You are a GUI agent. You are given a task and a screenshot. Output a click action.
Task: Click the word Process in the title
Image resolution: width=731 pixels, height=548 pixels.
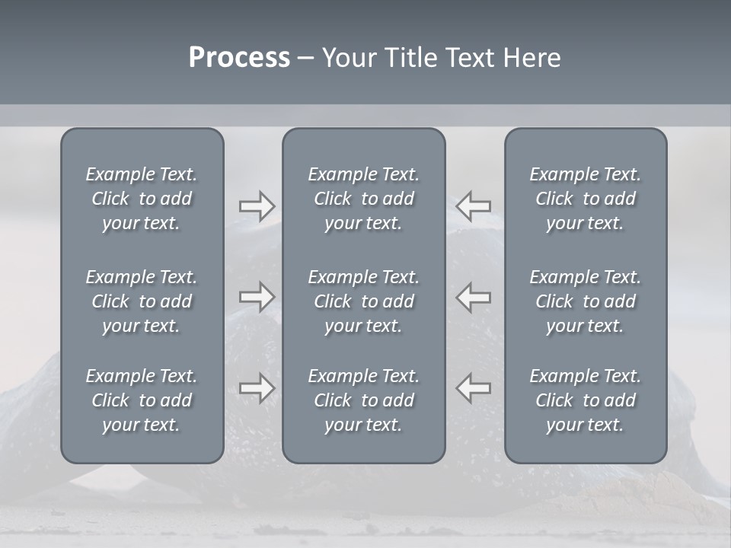[x=239, y=58]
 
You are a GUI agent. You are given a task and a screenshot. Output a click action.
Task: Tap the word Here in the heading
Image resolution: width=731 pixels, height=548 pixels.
[x=532, y=58]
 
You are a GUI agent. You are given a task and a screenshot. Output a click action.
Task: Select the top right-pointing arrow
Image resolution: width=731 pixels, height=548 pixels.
[x=257, y=206]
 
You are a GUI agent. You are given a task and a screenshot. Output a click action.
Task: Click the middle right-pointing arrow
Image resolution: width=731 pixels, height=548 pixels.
[x=257, y=297]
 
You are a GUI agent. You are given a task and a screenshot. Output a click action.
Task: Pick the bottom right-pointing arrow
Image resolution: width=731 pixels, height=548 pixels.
[x=257, y=388]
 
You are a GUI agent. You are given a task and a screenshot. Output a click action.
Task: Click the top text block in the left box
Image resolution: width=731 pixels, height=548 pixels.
[x=142, y=199]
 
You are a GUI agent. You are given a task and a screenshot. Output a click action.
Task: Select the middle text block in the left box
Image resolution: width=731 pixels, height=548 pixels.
[x=142, y=301]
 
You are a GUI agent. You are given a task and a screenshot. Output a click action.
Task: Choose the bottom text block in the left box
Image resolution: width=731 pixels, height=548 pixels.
[x=142, y=400]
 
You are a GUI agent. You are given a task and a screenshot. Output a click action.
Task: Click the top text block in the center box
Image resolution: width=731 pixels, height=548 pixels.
[x=363, y=199]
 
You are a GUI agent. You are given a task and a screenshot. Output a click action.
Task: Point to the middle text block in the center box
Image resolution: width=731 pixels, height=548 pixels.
[x=363, y=301]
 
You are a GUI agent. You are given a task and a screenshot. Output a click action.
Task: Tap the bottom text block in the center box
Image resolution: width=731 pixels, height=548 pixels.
[x=363, y=400]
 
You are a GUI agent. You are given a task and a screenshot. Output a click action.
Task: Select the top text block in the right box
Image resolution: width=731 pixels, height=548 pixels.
[x=585, y=199]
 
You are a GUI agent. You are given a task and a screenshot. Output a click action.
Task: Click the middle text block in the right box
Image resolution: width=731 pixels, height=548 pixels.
[x=585, y=301]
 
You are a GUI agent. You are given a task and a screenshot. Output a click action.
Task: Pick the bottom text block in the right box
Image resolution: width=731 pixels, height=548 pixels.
[x=585, y=400]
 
